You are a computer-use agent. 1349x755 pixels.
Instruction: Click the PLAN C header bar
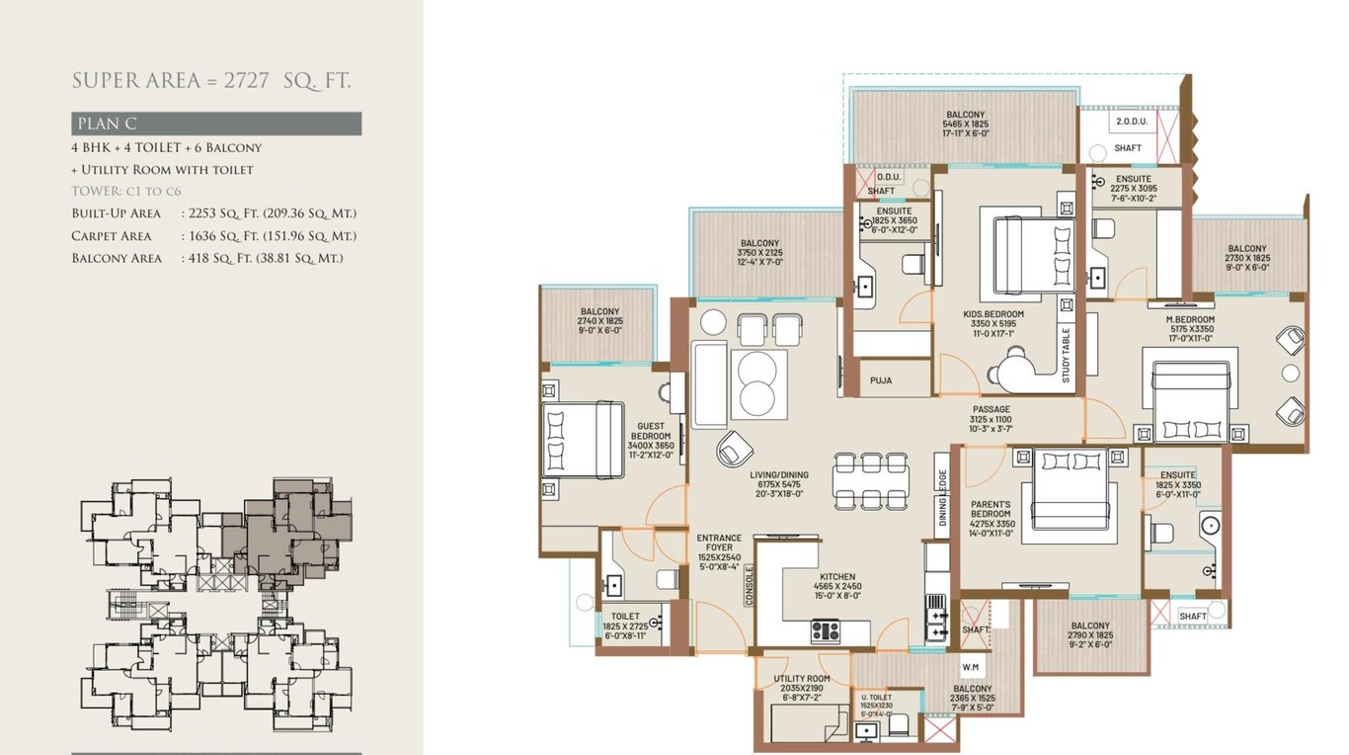coord(216,124)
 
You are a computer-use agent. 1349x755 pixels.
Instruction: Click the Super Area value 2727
coord(246,81)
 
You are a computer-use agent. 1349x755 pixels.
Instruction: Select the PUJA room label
coord(881,379)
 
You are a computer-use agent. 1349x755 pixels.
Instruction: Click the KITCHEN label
coord(837,576)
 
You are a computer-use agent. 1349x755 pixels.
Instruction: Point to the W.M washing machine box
coord(970,666)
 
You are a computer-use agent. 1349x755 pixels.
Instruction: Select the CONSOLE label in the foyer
coord(750,584)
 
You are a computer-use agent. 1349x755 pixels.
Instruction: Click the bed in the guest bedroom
coord(582,440)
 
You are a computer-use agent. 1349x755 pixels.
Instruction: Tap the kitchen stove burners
coord(825,629)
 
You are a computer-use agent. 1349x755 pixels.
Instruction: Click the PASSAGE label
coord(990,419)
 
